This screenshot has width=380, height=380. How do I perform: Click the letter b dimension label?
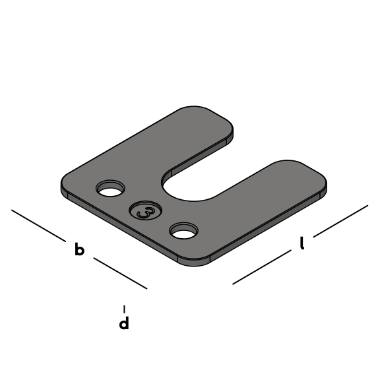pyautogui.click(x=79, y=249)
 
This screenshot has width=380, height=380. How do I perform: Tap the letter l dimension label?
pyautogui.click(x=301, y=243)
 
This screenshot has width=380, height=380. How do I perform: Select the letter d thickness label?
pyautogui.click(x=124, y=323)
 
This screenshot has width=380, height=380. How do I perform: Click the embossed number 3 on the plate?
pyautogui.click(x=146, y=212)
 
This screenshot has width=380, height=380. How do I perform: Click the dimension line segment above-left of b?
pyautogui.click(x=38, y=226)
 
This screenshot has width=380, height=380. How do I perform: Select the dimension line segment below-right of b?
pyautogui.click(x=121, y=273)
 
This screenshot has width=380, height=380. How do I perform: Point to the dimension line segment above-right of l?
pyautogui.click(x=340, y=221)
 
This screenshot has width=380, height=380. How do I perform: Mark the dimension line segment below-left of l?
pyautogui.click(x=262, y=267)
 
